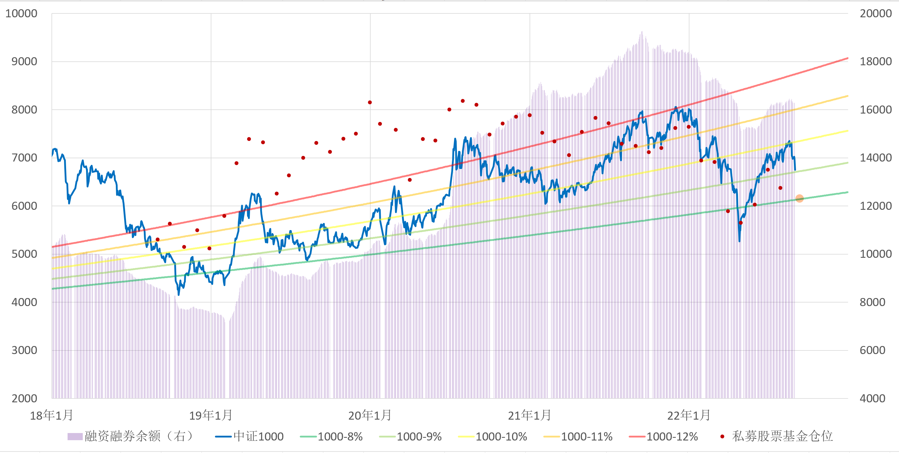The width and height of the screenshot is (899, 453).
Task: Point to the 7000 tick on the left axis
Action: coord(24,158)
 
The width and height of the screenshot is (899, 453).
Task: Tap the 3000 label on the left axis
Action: coord(24,350)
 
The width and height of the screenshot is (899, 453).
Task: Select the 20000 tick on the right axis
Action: coord(875,14)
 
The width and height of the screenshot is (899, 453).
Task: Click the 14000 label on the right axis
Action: coord(875,158)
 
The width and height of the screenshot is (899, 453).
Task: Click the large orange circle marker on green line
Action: coord(800,198)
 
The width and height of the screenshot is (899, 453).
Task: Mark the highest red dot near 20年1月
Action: coord(370,102)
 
